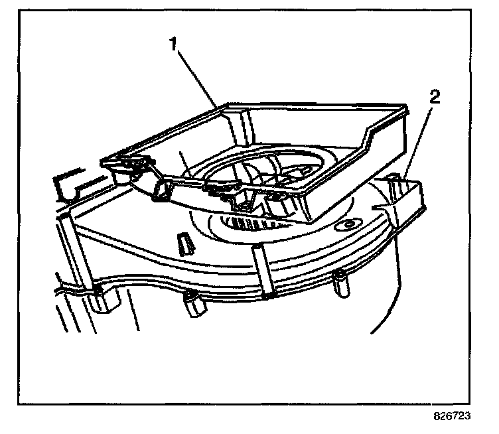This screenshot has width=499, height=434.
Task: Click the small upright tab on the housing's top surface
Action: (184, 244)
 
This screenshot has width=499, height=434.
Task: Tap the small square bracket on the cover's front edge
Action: (161, 192)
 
